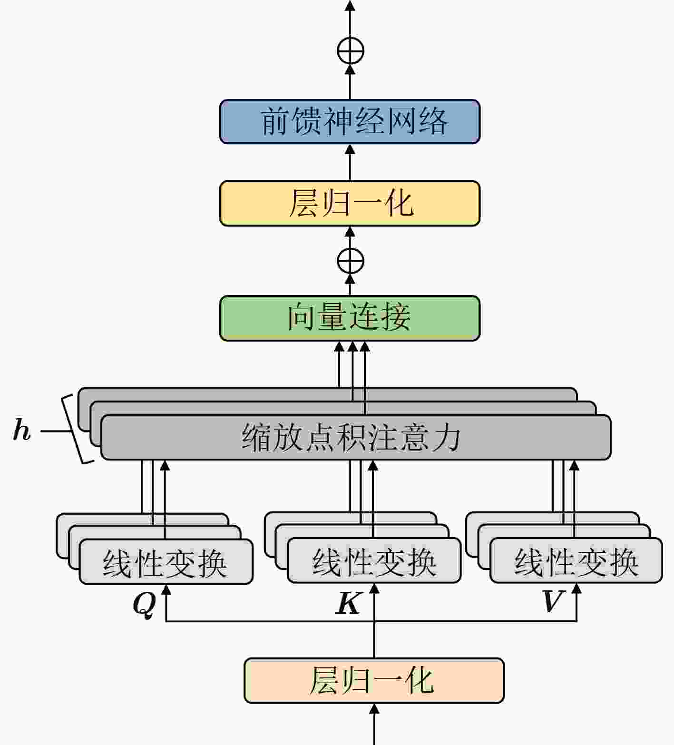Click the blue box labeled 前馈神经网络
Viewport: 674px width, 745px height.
(350, 121)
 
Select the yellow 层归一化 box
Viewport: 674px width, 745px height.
(350, 203)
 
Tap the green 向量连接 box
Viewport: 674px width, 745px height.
(350, 318)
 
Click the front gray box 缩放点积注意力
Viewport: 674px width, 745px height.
(356, 437)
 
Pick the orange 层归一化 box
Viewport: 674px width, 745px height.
(374, 680)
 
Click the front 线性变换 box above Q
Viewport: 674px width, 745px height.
(166, 561)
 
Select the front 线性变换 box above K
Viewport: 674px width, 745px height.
(374, 560)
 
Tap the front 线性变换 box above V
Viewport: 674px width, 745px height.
(576, 560)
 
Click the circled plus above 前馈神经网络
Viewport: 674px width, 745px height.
(351, 50)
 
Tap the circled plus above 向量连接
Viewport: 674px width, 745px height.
(351, 261)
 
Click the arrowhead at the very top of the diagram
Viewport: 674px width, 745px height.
(350, 6)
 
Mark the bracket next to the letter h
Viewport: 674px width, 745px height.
(77, 429)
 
